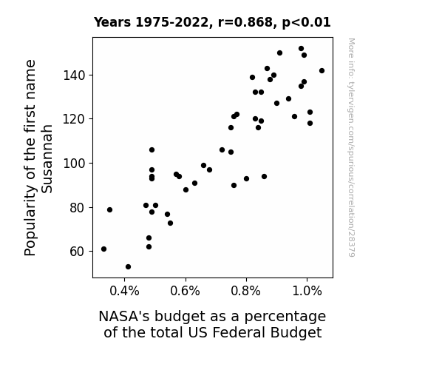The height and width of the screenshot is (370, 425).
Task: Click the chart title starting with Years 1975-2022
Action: (x=212, y=22)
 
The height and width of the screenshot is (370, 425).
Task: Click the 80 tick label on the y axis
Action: (x=78, y=208)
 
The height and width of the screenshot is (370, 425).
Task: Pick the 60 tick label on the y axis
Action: (x=78, y=252)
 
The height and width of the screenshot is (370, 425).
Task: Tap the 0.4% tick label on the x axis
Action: (x=124, y=292)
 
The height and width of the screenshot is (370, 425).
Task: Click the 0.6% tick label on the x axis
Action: (x=185, y=292)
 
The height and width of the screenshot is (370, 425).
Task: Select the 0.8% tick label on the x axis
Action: (x=246, y=292)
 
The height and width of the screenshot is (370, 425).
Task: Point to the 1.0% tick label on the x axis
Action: (x=307, y=292)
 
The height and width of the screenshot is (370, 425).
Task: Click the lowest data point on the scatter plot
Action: (x=128, y=267)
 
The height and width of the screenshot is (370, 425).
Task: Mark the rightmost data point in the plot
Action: (x=322, y=70)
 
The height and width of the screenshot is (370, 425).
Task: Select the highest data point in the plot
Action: (x=301, y=49)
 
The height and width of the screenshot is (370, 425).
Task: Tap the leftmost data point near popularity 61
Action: (x=103, y=249)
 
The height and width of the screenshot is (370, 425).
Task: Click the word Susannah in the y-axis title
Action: (x=47, y=159)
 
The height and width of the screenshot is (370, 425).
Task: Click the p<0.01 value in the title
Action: (x=307, y=23)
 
